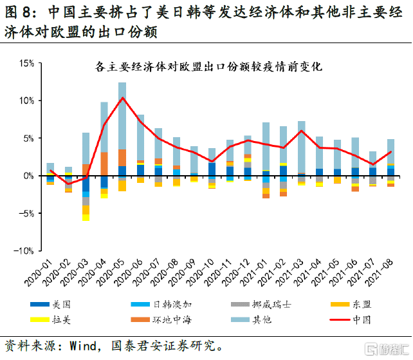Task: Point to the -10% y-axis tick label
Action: [x=24, y=251]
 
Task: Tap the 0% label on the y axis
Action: [x=28, y=176]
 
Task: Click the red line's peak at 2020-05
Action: [x=122, y=98]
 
